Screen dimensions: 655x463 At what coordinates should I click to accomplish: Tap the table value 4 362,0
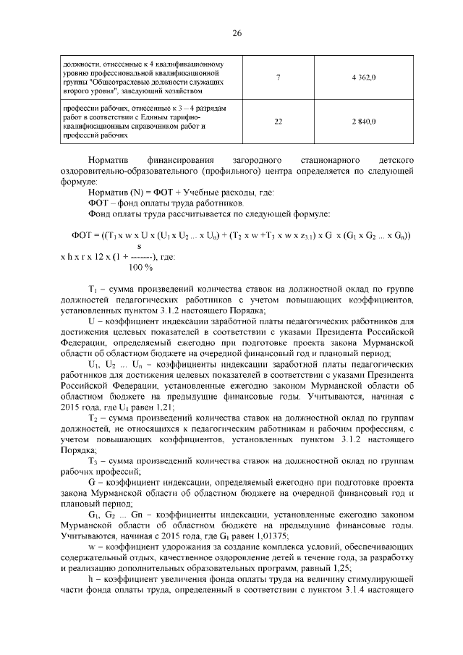coord(363,77)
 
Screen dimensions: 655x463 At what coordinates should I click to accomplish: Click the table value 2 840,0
coord(363,121)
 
